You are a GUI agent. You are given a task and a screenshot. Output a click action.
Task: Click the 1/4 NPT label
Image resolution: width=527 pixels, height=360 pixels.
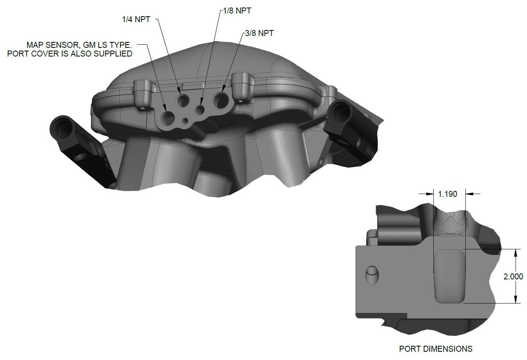tap(136, 19)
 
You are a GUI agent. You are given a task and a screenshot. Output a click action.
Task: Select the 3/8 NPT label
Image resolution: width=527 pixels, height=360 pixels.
tap(259, 33)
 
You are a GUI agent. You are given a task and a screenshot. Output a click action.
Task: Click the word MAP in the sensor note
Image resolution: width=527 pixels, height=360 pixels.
tap(34, 45)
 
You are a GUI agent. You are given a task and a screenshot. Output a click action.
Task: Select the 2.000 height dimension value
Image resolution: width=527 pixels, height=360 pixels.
tap(513, 276)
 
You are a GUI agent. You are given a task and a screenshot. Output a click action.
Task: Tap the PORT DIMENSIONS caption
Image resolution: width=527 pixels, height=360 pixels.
tap(435, 349)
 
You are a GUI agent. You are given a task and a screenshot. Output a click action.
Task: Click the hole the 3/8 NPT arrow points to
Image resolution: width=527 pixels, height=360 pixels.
tap(220, 100)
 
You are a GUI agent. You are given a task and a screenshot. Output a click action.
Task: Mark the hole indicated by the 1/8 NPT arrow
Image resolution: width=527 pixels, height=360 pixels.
tap(200, 109)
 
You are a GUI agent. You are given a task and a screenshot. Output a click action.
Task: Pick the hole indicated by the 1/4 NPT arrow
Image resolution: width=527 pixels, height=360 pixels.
tap(183, 101)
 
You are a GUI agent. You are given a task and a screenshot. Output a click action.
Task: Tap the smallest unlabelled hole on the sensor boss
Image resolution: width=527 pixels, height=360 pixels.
tap(185, 119)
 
